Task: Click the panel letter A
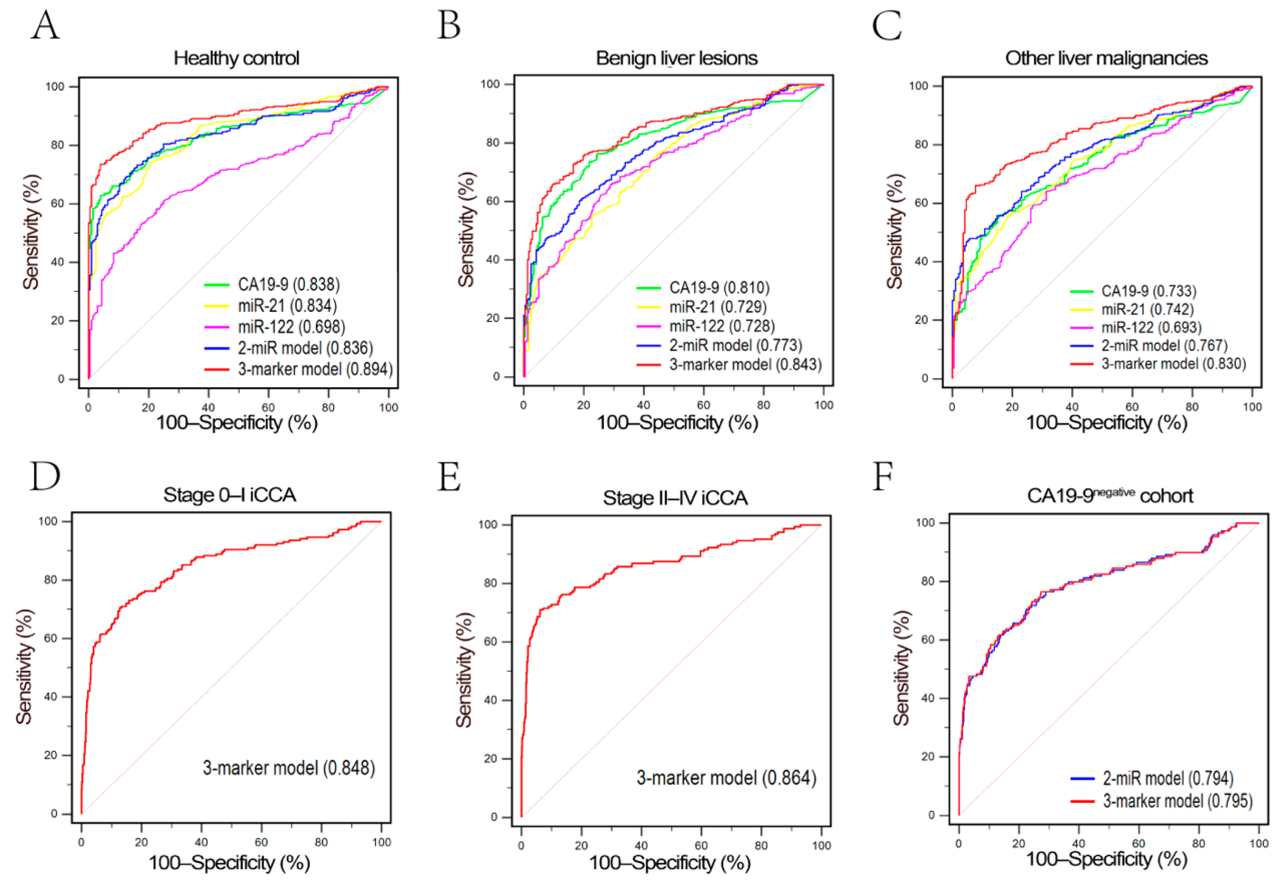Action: click(x=45, y=26)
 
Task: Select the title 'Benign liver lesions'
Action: click(x=676, y=58)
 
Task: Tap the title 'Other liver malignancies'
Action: click(x=1106, y=58)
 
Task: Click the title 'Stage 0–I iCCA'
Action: click(x=230, y=495)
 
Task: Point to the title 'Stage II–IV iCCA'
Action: click(x=675, y=498)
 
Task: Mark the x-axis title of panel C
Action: click(x=1106, y=423)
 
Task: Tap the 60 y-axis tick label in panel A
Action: click(x=57, y=203)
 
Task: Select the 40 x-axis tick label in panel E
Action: click(x=641, y=846)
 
